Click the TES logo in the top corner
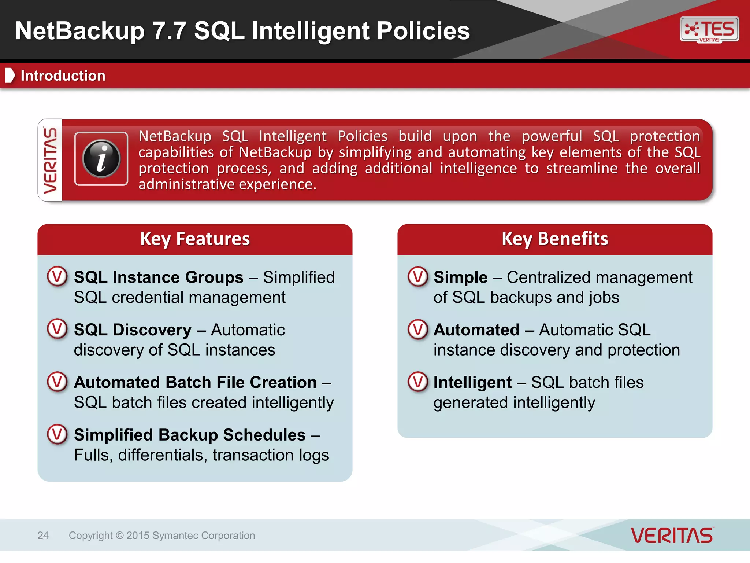(709, 29)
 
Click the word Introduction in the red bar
(63, 76)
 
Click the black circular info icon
(101, 159)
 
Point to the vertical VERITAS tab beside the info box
(50, 160)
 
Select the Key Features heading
(195, 239)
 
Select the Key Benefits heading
(554, 239)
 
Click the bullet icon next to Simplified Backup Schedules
(57, 434)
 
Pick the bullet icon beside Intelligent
(417, 382)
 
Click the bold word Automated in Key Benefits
(476, 330)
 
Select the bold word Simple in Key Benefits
(460, 277)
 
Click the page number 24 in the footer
(43, 536)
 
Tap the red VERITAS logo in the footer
(672, 536)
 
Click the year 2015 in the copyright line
(138, 536)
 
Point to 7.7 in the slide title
(169, 31)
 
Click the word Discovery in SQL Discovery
(152, 330)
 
